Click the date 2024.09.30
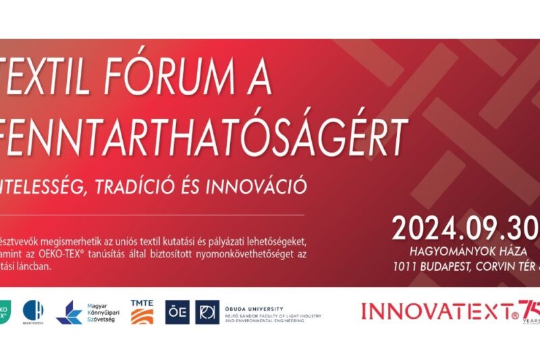[x=466, y=228]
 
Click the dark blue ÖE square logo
[x=177, y=312]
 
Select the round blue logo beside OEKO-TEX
[x=33, y=311]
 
